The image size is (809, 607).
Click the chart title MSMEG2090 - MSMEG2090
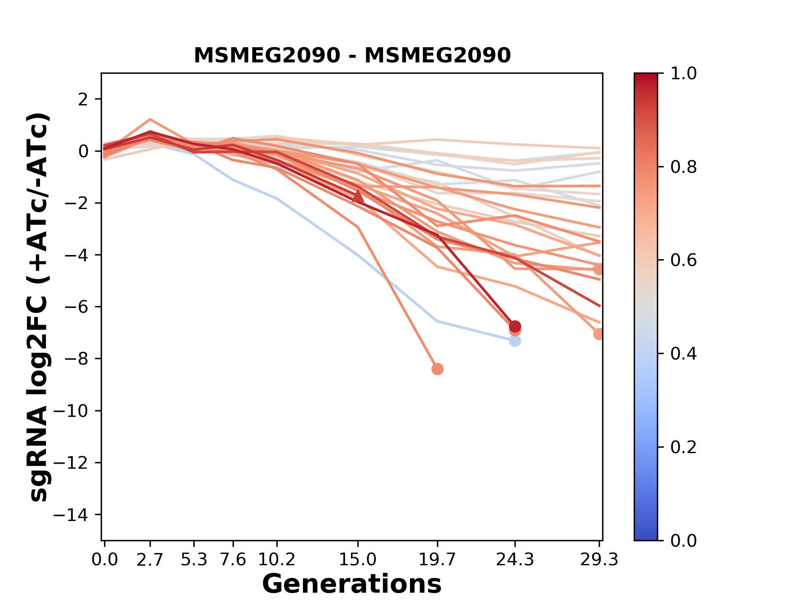352,56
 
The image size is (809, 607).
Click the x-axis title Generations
352,584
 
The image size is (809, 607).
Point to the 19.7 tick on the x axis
437,560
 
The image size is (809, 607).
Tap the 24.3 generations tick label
515,560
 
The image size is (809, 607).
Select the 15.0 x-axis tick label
358,560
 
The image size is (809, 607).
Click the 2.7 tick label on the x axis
150,560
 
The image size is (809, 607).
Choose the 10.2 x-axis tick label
276,560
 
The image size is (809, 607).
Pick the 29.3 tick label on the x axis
599,560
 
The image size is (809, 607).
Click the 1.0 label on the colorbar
683,74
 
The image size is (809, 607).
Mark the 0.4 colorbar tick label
683,354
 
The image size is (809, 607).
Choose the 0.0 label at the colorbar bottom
683,540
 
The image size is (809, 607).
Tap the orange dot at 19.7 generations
437,369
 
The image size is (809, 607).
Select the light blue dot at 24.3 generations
515,341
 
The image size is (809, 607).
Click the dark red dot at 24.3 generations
515,326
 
